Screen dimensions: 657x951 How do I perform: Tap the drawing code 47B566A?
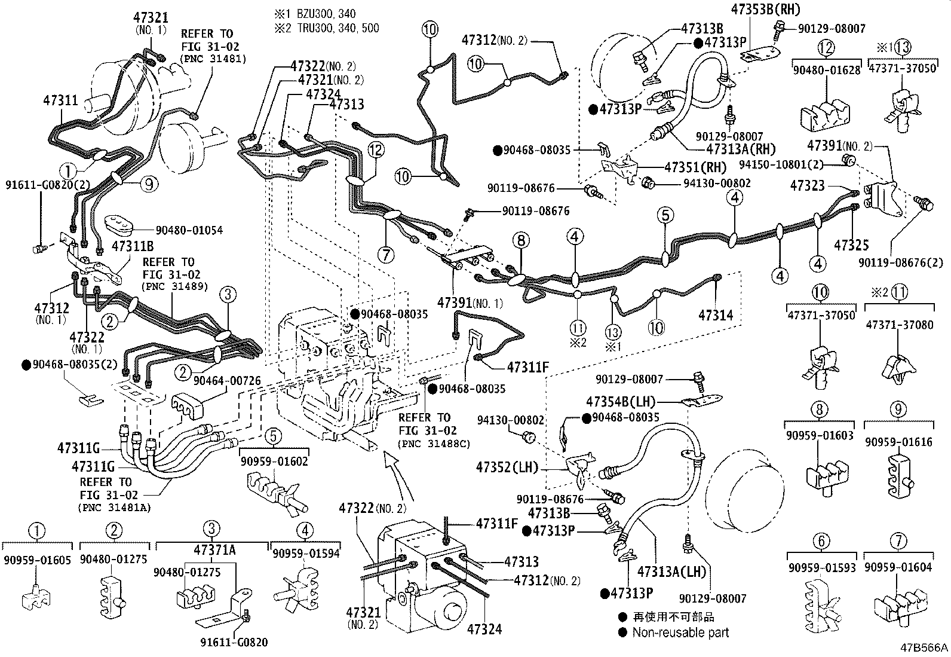tap(925, 647)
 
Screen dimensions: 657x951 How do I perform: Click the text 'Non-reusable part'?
tap(680, 632)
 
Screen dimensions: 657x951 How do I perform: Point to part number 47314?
tap(716, 315)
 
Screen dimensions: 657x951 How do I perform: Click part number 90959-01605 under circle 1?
tap(37, 560)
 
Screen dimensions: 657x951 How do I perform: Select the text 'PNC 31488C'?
tap(434, 444)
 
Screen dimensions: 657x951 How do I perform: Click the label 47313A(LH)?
tap(671, 571)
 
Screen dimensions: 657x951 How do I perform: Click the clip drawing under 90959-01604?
tap(900, 604)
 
